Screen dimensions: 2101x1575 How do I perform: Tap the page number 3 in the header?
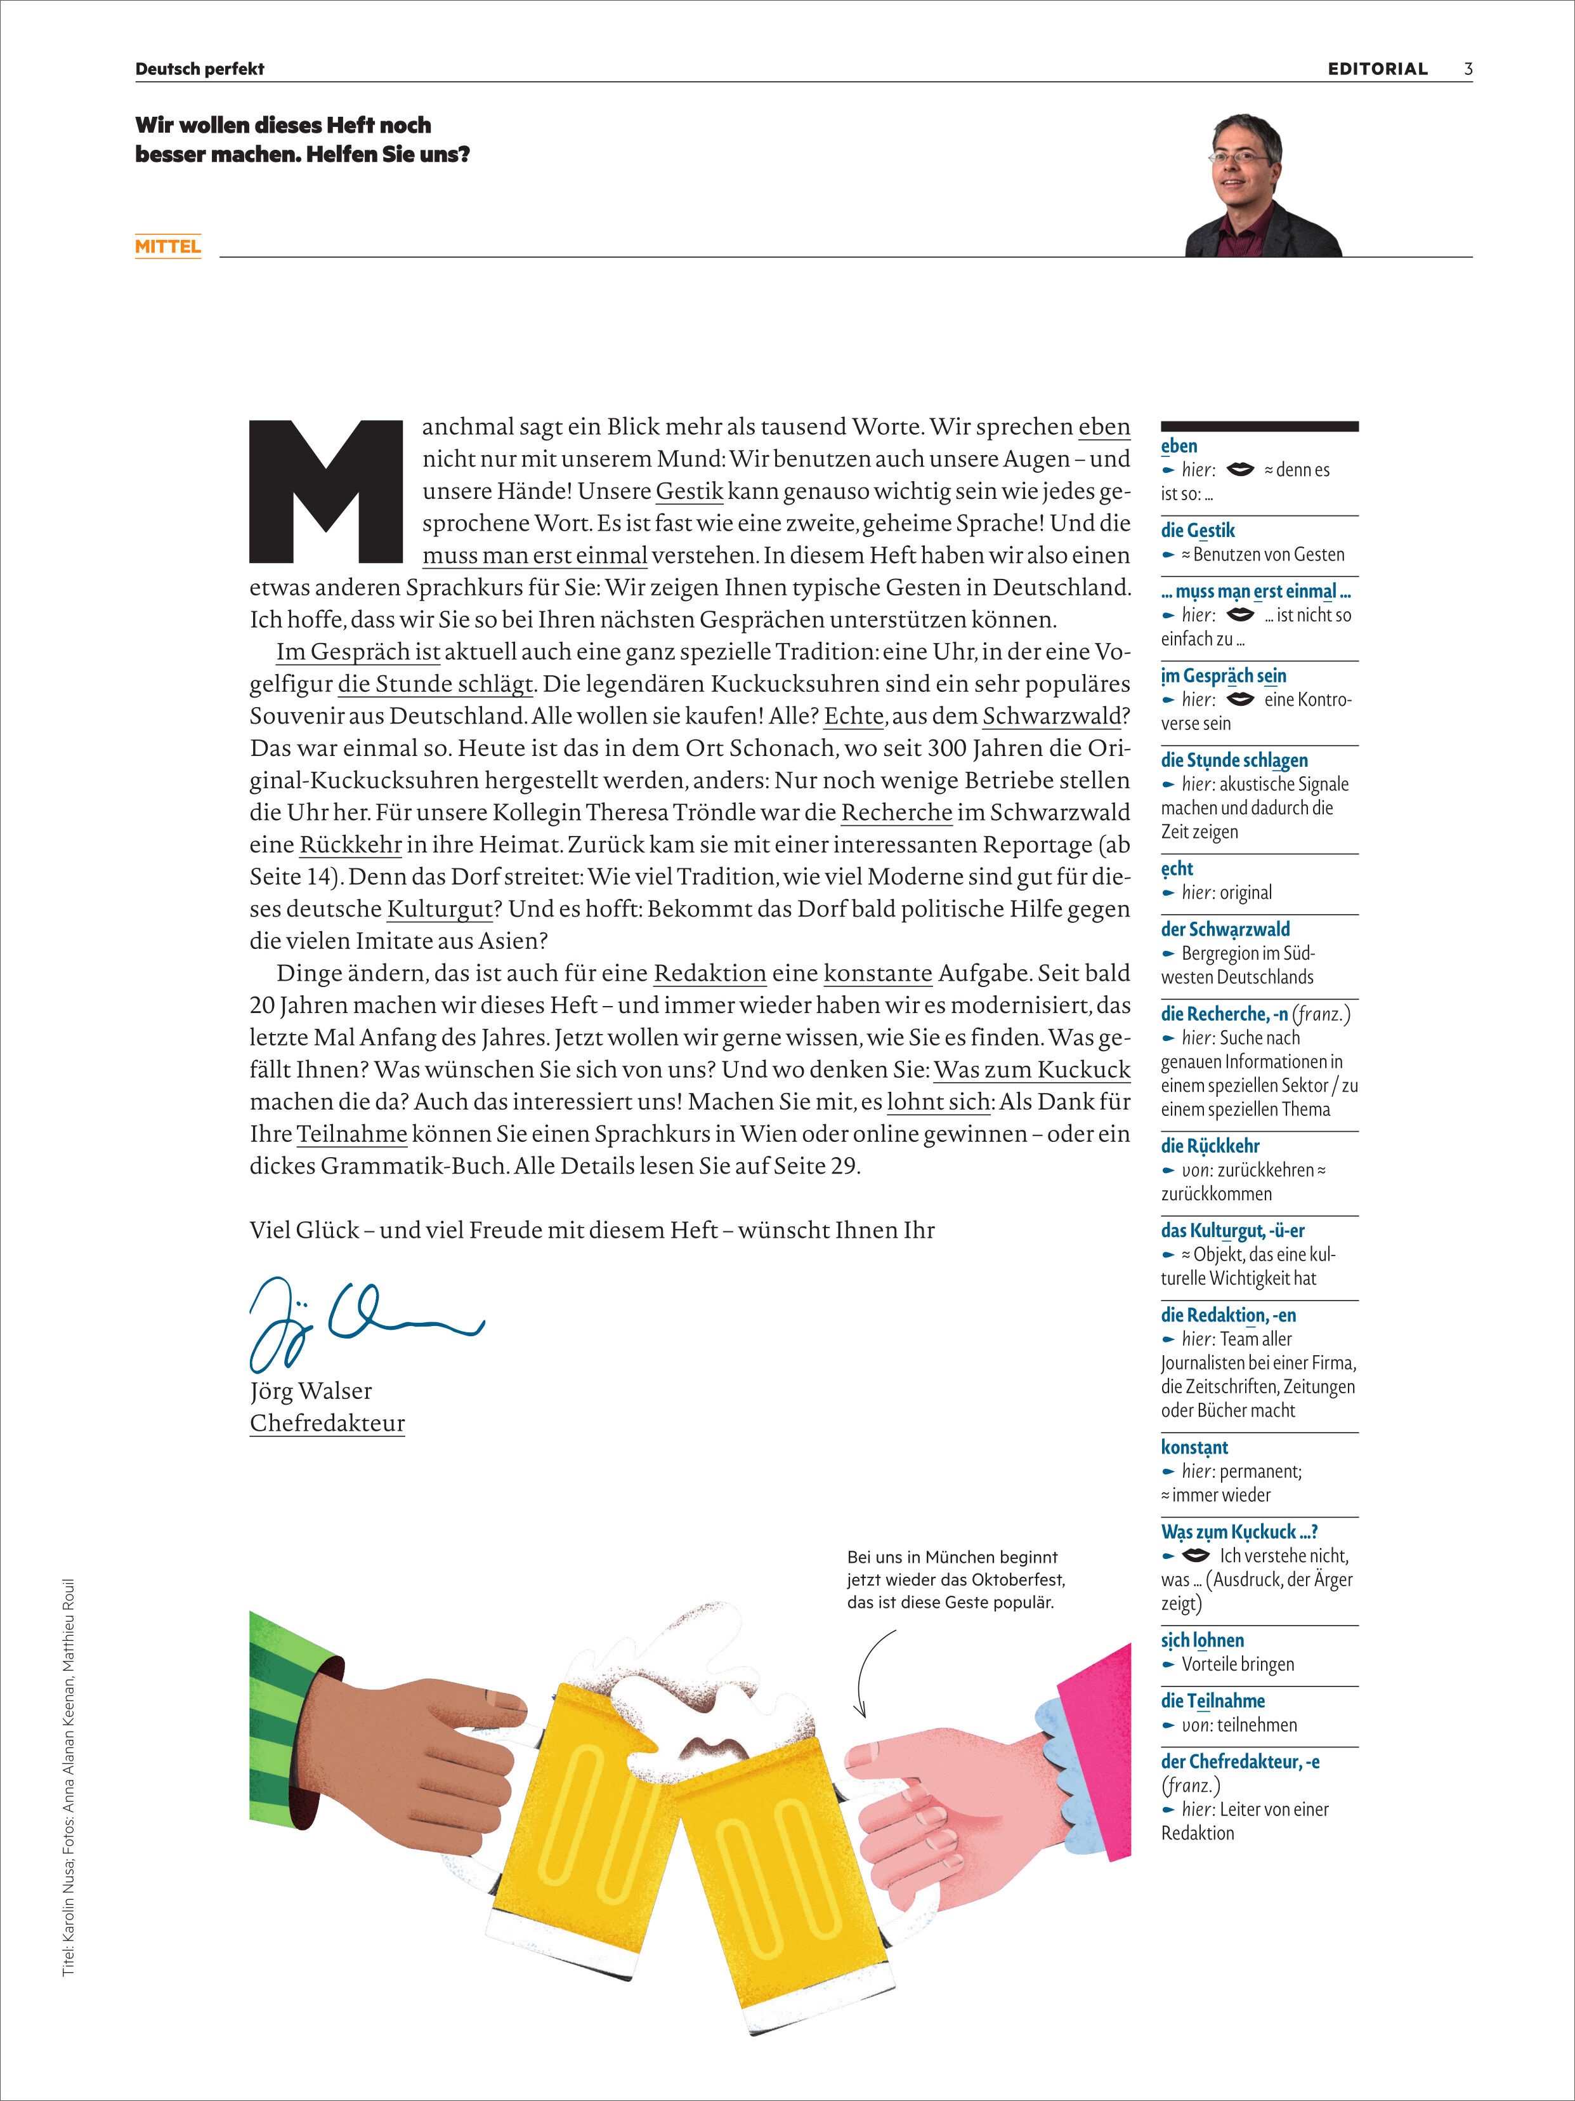pos(1468,69)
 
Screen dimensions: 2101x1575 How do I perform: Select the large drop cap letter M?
pos(325,491)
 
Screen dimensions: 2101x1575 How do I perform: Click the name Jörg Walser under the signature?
pos(310,1391)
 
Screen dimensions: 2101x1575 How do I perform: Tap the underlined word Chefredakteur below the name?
pos(327,1423)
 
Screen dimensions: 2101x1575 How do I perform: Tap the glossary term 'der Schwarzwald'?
pos(1225,929)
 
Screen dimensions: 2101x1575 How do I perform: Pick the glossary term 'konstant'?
pos(1194,1447)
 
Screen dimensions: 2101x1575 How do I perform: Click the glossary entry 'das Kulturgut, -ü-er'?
pos(1232,1230)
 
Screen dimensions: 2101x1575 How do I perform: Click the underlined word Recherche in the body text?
pos(896,812)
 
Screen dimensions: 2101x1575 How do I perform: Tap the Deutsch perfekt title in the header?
pos(199,69)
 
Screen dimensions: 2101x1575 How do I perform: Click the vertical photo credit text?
pos(69,1776)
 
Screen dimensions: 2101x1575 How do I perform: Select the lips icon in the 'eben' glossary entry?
pos(1240,469)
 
